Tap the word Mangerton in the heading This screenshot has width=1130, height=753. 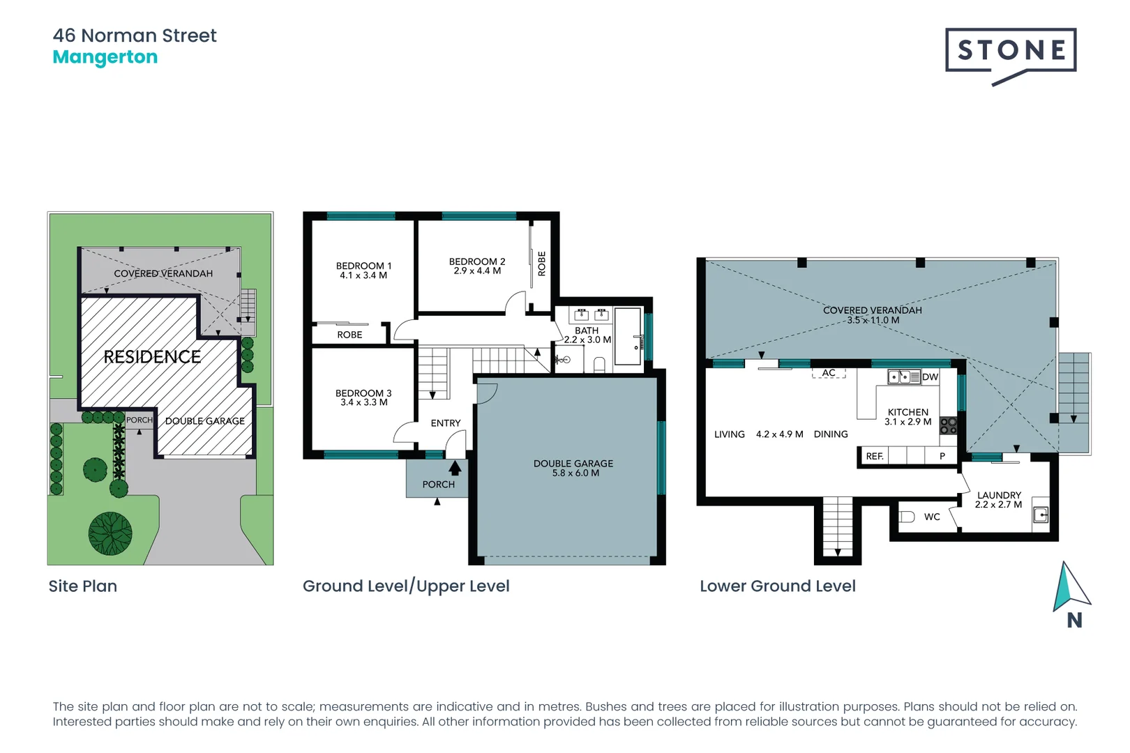[x=105, y=57]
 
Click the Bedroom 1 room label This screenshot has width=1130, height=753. [x=363, y=266]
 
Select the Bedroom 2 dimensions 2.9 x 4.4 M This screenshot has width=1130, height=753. [x=477, y=271]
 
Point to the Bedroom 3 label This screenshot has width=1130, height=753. [x=363, y=393]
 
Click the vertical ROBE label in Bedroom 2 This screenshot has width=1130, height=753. [x=541, y=264]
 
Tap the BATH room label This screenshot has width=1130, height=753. [x=587, y=330]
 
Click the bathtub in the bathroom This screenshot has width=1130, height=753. [x=628, y=336]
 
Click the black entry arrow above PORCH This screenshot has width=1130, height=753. [x=455, y=468]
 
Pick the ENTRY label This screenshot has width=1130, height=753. [x=446, y=423]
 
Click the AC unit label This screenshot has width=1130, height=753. [x=829, y=373]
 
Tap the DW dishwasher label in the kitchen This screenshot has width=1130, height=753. [x=930, y=377]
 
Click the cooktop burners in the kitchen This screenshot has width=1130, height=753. [x=948, y=425]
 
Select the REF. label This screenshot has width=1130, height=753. [x=875, y=456]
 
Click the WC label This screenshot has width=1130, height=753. [x=932, y=517]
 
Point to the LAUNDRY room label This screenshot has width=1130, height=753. [x=999, y=495]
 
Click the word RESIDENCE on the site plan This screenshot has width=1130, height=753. [x=152, y=357]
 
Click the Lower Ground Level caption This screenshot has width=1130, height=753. [x=778, y=586]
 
